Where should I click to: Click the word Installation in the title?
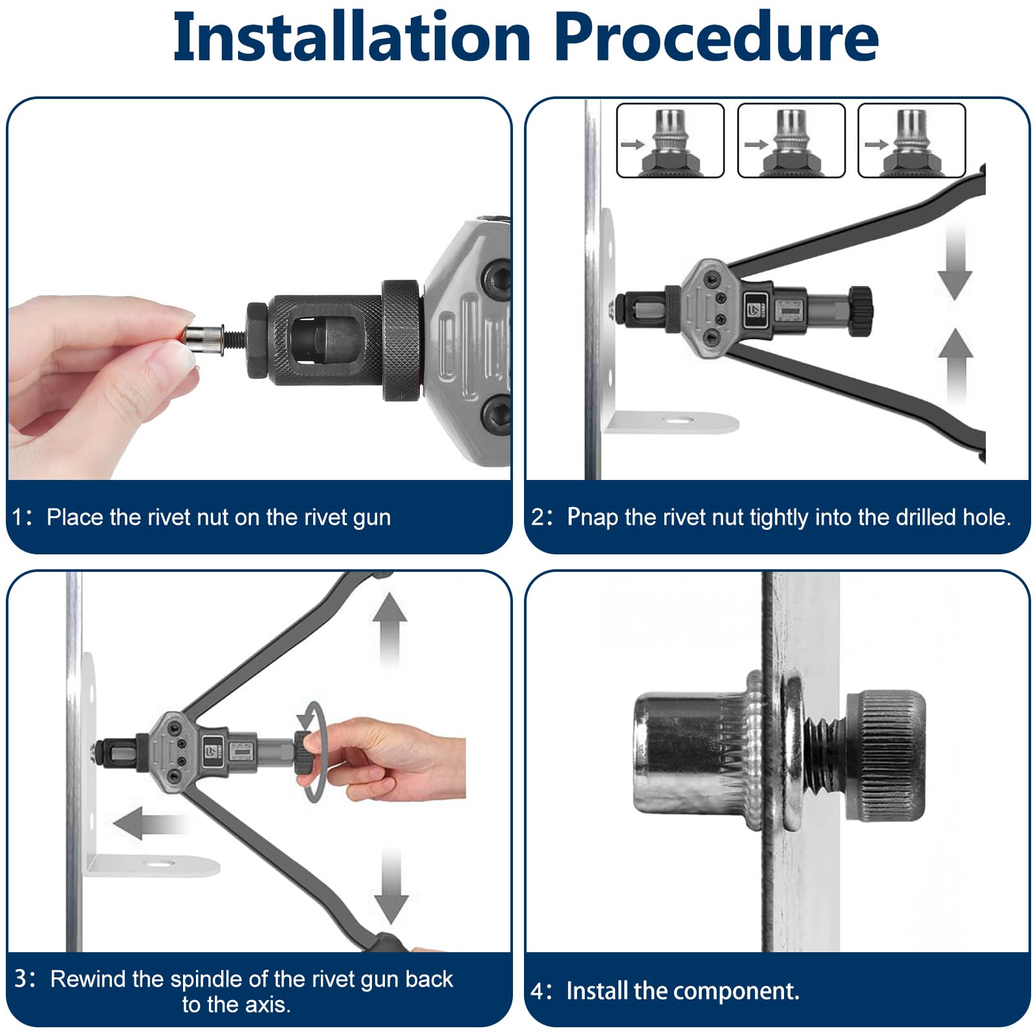tap(352, 38)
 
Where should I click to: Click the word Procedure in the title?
tap(716, 38)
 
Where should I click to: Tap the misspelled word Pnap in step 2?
tap(593, 517)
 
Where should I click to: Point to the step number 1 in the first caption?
tap(19, 517)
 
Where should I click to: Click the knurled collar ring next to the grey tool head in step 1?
tap(401, 340)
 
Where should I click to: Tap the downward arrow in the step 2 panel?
tap(955, 261)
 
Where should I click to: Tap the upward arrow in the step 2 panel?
tap(955, 366)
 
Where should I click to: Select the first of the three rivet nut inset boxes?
tap(670, 140)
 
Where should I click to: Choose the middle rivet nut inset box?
tap(791, 140)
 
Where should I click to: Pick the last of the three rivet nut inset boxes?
tap(911, 140)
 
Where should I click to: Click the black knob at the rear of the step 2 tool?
tap(861, 311)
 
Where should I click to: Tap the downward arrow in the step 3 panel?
tap(391, 885)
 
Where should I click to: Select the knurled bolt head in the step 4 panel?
tap(884, 755)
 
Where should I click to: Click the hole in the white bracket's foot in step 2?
tap(679, 420)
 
